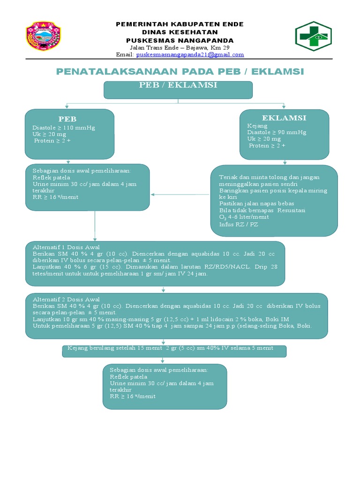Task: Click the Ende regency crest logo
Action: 43,36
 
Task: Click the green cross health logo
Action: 313,36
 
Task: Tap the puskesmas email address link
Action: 190,55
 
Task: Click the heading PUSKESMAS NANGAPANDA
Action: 180,40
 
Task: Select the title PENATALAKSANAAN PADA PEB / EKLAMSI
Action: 180,71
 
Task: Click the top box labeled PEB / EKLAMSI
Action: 178,89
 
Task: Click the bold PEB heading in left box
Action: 67,119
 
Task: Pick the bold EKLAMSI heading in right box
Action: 284,118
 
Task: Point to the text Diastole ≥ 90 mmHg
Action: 277,132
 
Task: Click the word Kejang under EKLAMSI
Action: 257,126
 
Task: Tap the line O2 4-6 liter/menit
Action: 244,217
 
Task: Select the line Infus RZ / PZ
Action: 239,225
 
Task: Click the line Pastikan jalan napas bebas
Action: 256,203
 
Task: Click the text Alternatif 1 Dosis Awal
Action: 66,247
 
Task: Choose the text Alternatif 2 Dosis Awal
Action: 66,299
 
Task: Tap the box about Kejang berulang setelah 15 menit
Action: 174,351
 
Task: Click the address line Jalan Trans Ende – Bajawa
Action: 180,48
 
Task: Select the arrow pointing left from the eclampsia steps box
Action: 155,194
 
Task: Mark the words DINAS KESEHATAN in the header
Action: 180,32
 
